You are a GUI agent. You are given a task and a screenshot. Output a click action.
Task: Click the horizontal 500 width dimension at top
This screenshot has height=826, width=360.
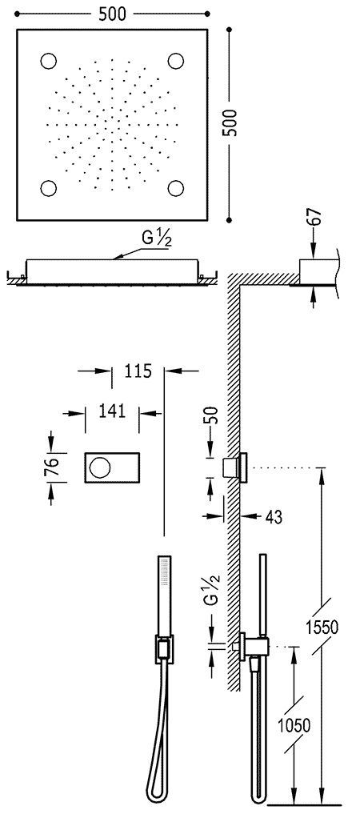[x=111, y=14]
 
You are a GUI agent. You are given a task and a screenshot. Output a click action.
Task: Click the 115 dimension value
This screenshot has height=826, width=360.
[x=138, y=371]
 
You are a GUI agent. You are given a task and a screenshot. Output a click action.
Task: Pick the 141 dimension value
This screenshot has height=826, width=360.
[x=113, y=411]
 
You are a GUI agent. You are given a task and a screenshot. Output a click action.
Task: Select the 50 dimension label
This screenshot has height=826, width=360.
[x=210, y=419]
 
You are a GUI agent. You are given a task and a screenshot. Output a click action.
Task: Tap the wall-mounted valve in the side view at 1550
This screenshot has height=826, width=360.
[x=238, y=467]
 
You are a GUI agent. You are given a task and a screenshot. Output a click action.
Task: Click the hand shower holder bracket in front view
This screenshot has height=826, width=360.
[x=162, y=648]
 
